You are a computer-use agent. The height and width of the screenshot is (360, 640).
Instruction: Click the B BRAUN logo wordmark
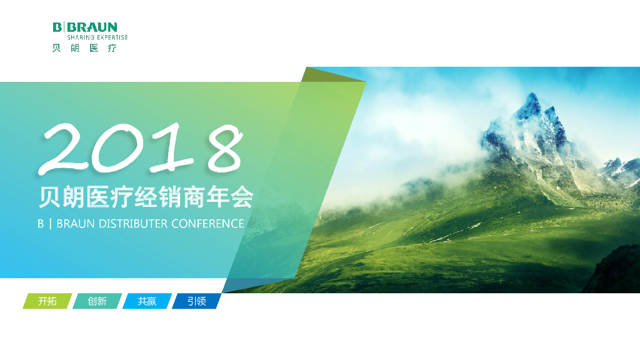(85, 27)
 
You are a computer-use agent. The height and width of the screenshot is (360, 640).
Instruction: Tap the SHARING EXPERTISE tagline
(97, 37)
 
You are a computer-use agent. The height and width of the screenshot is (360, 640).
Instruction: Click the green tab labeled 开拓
(47, 301)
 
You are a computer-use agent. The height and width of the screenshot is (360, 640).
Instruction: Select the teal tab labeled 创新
(97, 301)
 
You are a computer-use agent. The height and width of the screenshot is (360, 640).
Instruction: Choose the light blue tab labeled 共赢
(147, 301)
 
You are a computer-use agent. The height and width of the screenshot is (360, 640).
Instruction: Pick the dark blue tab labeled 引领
(196, 301)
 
